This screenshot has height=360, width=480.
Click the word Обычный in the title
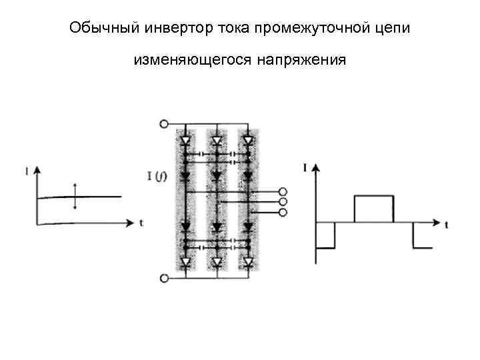(94, 30)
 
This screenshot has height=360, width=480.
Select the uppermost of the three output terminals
(283, 191)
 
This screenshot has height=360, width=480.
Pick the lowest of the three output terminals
(283, 212)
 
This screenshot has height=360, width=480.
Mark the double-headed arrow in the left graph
(75, 197)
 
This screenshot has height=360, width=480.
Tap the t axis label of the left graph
(141, 222)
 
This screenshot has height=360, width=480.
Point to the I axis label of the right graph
(305, 167)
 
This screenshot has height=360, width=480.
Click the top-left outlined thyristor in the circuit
(185, 141)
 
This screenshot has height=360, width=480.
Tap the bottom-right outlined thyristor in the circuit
(248, 262)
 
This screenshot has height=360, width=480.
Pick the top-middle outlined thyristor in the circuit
(217, 141)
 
